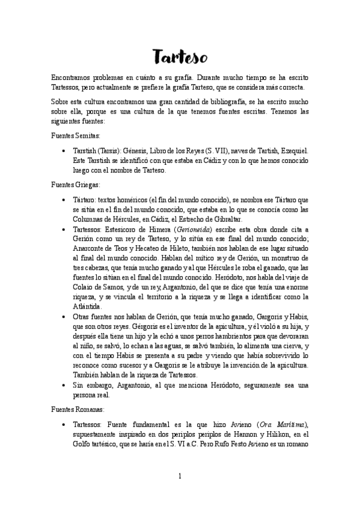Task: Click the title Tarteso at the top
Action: click(x=180, y=57)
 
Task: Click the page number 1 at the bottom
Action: click(x=180, y=476)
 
